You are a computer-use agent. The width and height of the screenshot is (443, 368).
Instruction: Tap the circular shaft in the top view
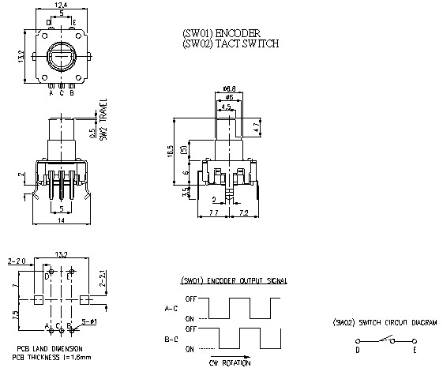(x=62, y=56)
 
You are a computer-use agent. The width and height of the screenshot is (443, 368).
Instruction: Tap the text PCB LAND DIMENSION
(x=49, y=348)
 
